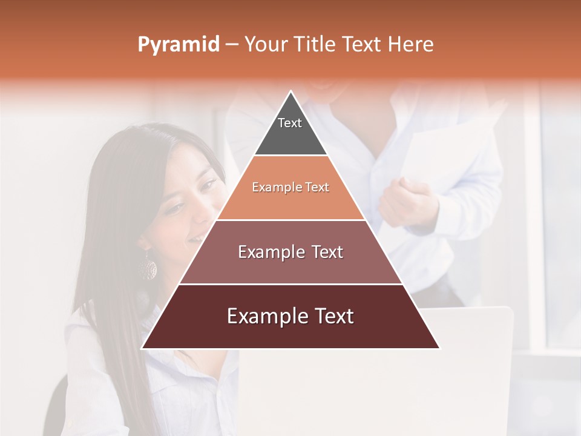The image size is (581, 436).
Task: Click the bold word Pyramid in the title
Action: [178, 45]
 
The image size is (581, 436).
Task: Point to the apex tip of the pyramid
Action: [290, 92]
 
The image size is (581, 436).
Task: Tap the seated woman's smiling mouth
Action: [195, 240]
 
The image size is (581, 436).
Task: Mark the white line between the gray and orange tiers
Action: [290, 156]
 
